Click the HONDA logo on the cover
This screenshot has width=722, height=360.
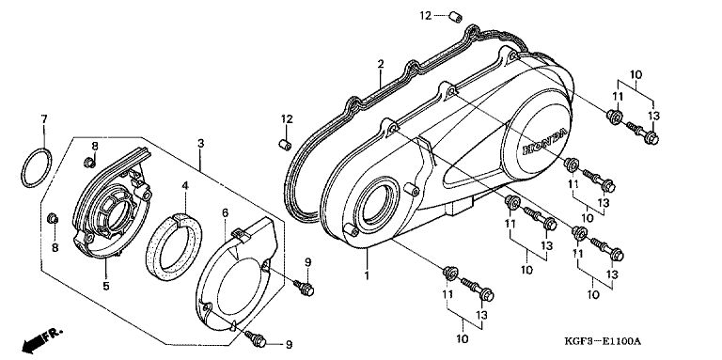pos(544,143)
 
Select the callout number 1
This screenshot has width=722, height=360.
pos(367,276)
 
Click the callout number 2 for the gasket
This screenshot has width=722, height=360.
pos(381,65)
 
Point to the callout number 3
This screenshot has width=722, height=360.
pos(201,144)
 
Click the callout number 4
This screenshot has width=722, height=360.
pos(185,186)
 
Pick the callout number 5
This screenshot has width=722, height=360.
pos(106,287)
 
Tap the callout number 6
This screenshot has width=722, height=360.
pos(225,212)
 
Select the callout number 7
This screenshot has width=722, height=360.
pos(44,119)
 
